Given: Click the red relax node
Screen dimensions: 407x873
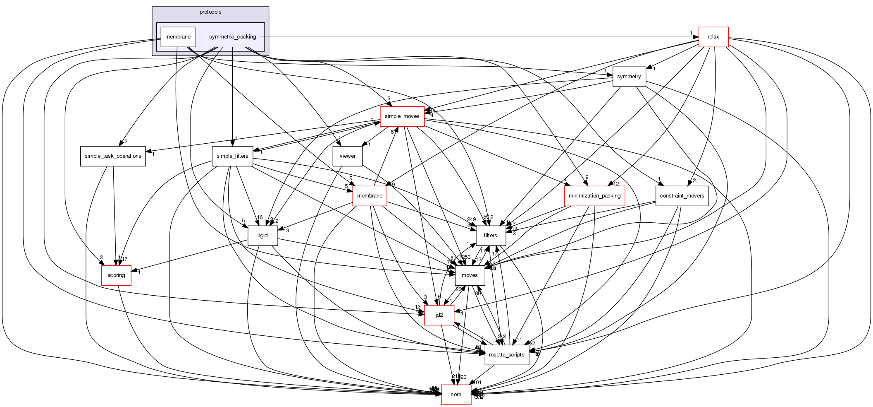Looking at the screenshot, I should coord(713,37).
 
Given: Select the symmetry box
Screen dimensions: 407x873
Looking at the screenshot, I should coord(629,77).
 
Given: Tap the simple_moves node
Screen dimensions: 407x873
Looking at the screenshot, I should coord(402,116).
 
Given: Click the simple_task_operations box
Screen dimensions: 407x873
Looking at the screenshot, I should coord(113,156).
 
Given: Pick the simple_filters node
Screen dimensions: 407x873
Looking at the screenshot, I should coord(232,156).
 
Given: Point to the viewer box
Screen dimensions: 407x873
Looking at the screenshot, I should coord(347,156).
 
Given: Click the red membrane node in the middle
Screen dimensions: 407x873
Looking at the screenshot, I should coord(370,196).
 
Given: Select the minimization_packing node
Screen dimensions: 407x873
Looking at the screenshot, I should coord(594,196).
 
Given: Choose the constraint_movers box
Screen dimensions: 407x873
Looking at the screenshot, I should coord(682,196).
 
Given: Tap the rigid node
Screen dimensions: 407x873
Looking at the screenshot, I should coord(262,236).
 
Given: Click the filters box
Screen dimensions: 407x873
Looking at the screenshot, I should coord(490,236).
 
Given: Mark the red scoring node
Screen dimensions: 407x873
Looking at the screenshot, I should coord(116,275).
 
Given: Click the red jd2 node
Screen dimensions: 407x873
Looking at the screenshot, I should coord(439,315).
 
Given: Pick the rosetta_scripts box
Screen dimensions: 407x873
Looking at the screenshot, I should coord(506,355).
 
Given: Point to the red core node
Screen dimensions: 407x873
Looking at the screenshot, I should coord(456,395).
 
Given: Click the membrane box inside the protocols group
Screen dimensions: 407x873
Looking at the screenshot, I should coord(178,37).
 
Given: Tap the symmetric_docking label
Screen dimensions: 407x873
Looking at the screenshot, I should coord(232,37).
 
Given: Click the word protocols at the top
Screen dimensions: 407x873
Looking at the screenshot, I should coord(210,12).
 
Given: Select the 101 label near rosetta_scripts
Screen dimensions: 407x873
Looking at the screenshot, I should coord(477,383).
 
